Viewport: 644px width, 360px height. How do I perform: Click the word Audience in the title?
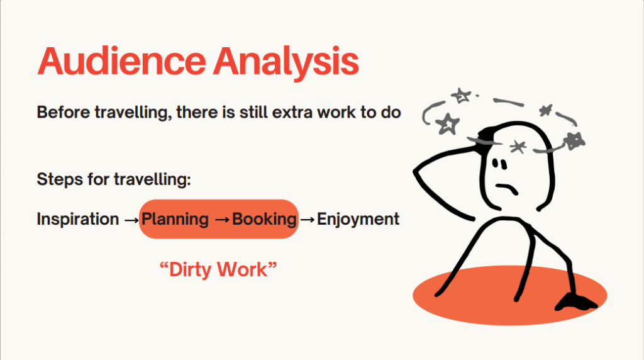pos(121,61)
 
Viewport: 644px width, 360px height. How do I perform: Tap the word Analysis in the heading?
pos(286,62)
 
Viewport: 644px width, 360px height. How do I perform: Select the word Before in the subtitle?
pos(64,112)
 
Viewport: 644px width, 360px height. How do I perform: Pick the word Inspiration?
pos(78,219)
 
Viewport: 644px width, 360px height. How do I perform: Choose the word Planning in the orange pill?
pos(175,219)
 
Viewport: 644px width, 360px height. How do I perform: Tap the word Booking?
pos(265,219)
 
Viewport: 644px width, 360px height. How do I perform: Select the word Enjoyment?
pos(358,219)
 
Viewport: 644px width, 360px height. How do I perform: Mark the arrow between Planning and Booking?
pos(222,220)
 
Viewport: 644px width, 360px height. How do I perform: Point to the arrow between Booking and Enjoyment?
pos(308,220)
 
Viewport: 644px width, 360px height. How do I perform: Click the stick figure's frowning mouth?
pos(507,188)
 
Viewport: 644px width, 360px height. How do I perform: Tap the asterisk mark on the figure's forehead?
pos(518,146)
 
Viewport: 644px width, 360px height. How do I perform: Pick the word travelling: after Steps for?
pos(152,179)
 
